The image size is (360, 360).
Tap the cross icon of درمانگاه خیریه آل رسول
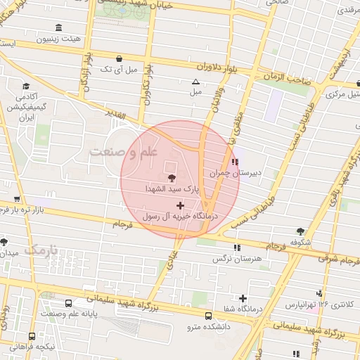tap(181, 207)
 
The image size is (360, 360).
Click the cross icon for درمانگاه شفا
tap(243, 298)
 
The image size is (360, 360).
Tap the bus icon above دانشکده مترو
tap(207, 316)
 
